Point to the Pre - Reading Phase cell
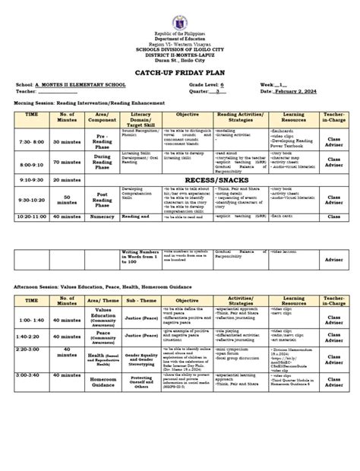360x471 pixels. click(x=103, y=143)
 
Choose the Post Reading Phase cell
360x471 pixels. click(x=103, y=201)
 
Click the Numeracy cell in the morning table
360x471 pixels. click(x=103, y=217)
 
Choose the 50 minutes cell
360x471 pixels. click(x=67, y=201)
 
